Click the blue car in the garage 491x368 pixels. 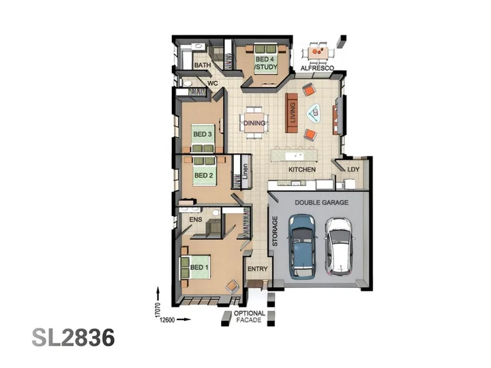click(302, 246)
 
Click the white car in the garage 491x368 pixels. click(339, 247)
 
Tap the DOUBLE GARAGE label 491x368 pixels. click(322, 202)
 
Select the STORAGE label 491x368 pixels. click(275, 231)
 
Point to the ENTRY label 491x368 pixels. click(257, 269)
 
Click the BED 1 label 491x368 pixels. click(199, 267)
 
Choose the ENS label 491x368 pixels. click(196, 219)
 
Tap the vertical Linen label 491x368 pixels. click(245, 172)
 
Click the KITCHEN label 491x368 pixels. click(302, 169)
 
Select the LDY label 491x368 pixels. click(353, 169)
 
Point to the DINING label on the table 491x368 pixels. click(254, 123)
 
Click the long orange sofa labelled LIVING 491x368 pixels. click(291, 112)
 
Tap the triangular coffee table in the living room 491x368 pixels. click(314, 113)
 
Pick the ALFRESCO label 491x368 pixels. click(317, 68)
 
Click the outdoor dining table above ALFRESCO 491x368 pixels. click(318, 52)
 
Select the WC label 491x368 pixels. click(213, 83)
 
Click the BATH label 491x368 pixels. click(203, 65)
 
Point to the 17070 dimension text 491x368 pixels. click(158, 310)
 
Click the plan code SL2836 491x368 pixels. click(73, 337)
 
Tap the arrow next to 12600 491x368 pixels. click(184, 320)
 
